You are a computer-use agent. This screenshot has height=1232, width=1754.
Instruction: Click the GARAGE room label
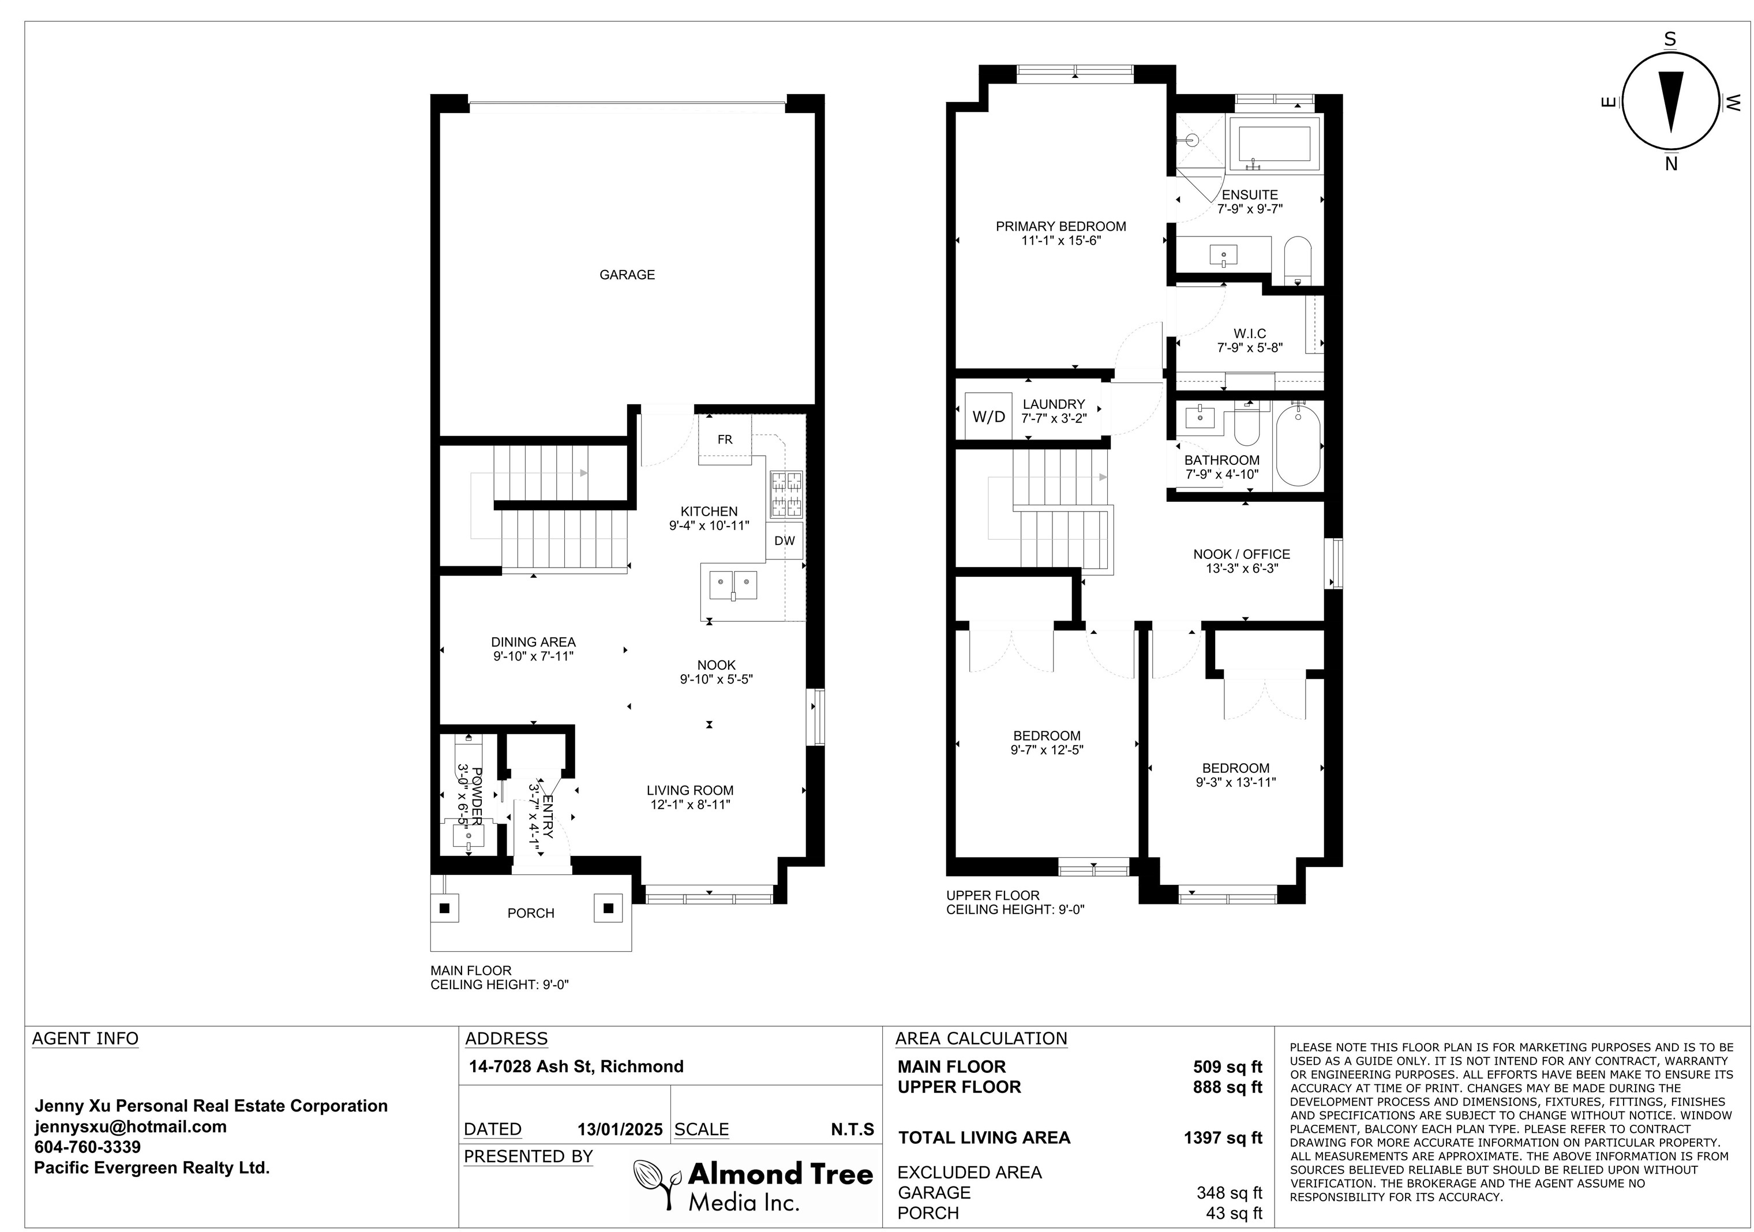point(627,275)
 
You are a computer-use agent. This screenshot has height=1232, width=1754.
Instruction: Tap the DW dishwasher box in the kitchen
point(785,541)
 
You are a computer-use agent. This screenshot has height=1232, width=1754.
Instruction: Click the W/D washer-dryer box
point(988,416)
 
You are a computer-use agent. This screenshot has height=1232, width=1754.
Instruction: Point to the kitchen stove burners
point(786,494)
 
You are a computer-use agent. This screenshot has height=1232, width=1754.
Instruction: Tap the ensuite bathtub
point(1275,144)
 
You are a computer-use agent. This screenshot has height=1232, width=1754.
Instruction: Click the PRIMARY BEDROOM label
point(1060,226)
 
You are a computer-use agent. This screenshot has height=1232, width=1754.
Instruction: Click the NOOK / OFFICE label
point(1242,554)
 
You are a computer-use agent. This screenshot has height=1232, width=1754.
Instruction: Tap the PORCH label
point(531,914)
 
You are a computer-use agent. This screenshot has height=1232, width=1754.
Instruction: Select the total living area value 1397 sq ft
point(1223,1138)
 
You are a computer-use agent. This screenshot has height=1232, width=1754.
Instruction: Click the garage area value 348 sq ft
point(1229,1193)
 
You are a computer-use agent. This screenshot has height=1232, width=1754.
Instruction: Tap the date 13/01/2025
point(620,1130)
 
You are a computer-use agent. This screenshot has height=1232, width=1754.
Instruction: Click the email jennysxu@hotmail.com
point(130,1126)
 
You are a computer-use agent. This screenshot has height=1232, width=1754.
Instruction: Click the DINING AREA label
point(533,643)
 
